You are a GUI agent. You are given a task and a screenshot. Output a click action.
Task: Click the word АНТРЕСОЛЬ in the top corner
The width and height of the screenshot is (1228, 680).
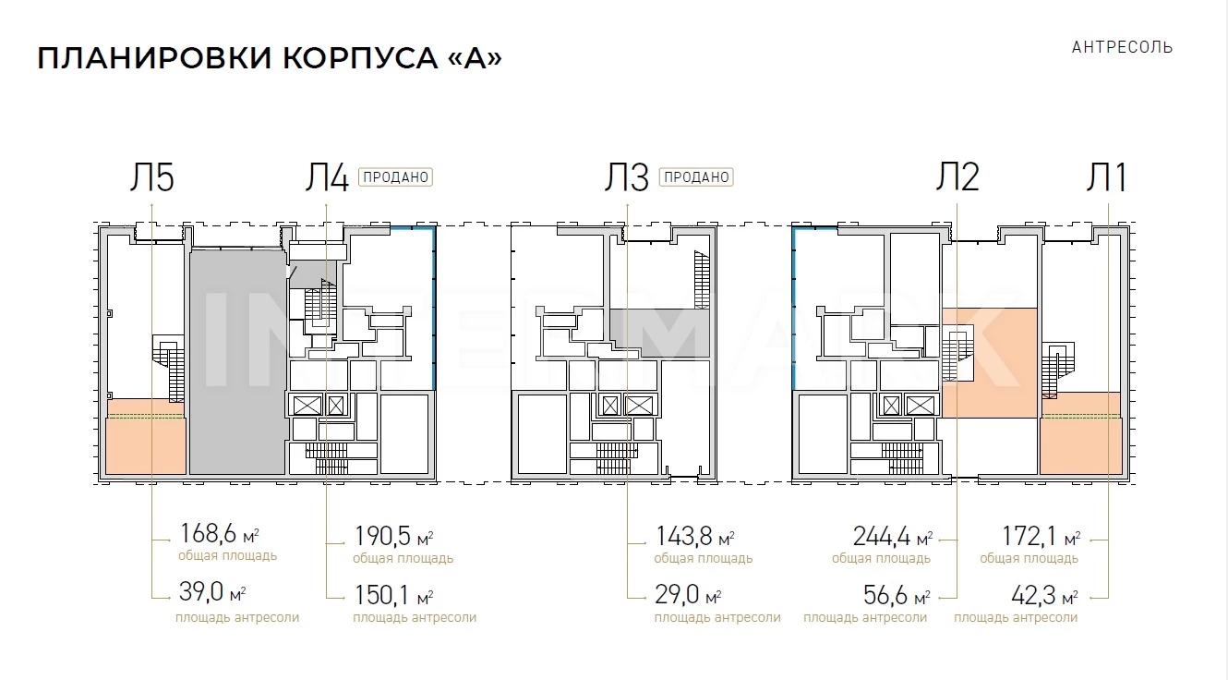click(1122, 48)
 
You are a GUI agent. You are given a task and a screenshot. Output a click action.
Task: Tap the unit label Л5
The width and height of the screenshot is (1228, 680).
click(151, 177)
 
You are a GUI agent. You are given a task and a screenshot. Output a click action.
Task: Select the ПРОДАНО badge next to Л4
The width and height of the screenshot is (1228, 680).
click(395, 177)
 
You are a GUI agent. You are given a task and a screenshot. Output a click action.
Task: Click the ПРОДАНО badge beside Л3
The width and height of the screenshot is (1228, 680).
click(696, 177)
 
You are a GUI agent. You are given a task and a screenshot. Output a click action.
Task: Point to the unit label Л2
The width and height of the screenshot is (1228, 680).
click(957, 176)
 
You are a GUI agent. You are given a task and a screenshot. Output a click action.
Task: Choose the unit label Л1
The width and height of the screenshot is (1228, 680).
click(1106, 177)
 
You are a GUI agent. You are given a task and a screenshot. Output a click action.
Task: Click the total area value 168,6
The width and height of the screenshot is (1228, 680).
click(208, 533)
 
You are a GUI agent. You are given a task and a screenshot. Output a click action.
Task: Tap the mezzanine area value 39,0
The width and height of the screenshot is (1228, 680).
click(201, 591)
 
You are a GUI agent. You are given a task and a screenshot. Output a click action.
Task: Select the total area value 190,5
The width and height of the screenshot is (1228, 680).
click(382, 536)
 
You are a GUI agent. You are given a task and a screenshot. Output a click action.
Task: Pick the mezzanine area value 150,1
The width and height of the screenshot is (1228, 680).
click(381, 595)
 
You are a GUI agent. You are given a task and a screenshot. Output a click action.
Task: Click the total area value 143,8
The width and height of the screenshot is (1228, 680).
click(684, 536)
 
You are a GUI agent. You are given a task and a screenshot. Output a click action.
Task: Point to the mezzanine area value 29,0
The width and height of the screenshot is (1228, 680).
click(677, 594)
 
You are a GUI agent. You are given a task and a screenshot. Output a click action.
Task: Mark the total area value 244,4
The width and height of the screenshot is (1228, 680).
click(882, 536)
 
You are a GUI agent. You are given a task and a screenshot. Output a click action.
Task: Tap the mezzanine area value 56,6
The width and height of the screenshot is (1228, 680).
click(886, 595)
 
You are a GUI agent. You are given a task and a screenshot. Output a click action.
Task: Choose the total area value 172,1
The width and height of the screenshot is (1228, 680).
click(1030, 536)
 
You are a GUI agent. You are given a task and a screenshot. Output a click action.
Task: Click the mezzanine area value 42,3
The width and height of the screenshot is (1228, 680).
click(1034, 595)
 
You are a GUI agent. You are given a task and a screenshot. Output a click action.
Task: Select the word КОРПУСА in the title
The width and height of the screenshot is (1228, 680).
click(360, 58)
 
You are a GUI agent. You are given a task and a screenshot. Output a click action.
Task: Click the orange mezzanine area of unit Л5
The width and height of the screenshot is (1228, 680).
click(146, 437)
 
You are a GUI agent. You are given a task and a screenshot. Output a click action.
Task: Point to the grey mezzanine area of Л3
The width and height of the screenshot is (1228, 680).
click(660, 333)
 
